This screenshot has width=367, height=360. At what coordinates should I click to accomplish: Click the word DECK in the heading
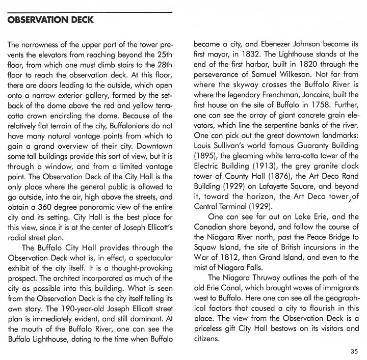pyautogui.click(x=84, y=20)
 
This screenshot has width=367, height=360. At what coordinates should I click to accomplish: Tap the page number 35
pyautogui.click(x=355, y=351)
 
